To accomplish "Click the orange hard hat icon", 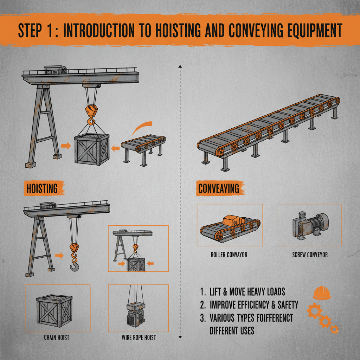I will (321, 293).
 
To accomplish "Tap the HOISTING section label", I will (42, 188).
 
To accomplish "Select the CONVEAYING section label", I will (218, 188).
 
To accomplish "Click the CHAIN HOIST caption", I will (57, 337).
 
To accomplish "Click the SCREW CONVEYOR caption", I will (310, 255).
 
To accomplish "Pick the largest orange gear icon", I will (314, 311).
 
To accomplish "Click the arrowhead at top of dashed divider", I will (180, 66).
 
